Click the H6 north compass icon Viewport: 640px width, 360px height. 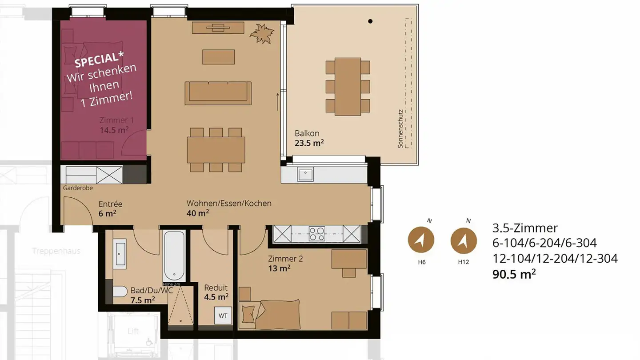(x=421, y=240)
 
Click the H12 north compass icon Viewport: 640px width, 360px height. (x=464, y=240)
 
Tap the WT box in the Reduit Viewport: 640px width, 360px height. (x=223, y=316)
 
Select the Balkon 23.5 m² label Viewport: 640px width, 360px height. (x=309, y=138)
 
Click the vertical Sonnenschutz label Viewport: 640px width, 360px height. (x=400, y=129)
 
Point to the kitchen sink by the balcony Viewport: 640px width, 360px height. (x=306, y=175)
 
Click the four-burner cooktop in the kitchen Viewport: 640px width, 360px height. (x=316, y=233)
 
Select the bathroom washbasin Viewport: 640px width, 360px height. (x=120, y=254)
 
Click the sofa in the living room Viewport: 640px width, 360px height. (x=218, y=92)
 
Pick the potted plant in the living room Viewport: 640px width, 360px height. (x=261, y=34)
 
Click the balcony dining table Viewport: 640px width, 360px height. (x=348, y=86)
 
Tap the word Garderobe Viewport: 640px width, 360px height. (x=78, y=188)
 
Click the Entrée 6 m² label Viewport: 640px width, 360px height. (x=110, y=208)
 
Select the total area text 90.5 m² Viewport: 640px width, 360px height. (x=514, y=274)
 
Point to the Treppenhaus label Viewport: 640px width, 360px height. (x=56, y=251)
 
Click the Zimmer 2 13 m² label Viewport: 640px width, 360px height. (x=285, y=263)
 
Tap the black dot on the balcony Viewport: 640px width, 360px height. (x=370, y=21)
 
